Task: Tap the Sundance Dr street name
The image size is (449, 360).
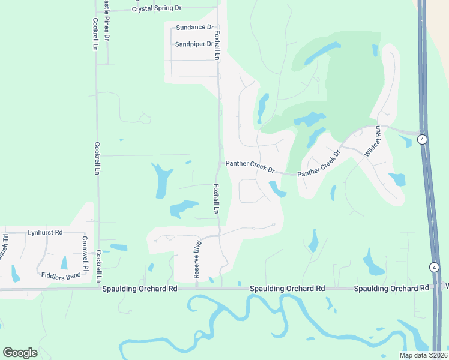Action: point(194,28)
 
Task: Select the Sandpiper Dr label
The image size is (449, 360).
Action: point(194,44)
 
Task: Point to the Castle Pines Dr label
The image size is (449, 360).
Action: point(107,20)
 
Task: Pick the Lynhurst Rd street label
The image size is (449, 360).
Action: point(45,232)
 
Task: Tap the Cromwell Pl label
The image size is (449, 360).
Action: point(84,252)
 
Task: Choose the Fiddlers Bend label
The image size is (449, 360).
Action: point(61,275)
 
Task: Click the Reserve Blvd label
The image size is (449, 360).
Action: point(196,260)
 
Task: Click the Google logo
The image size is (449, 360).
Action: point(20,353)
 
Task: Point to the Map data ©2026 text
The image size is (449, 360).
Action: point(423,355)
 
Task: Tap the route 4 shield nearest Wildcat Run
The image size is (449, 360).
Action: point(423,139)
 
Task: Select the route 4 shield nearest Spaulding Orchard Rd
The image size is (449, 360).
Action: point(434,267)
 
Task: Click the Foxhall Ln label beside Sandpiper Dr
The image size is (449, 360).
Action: point(218,45)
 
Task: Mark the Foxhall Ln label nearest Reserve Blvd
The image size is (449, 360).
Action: point(215,199)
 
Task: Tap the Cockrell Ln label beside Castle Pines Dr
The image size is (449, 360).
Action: point(95,34)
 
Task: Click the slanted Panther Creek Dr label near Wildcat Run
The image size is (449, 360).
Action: point(319,163)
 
